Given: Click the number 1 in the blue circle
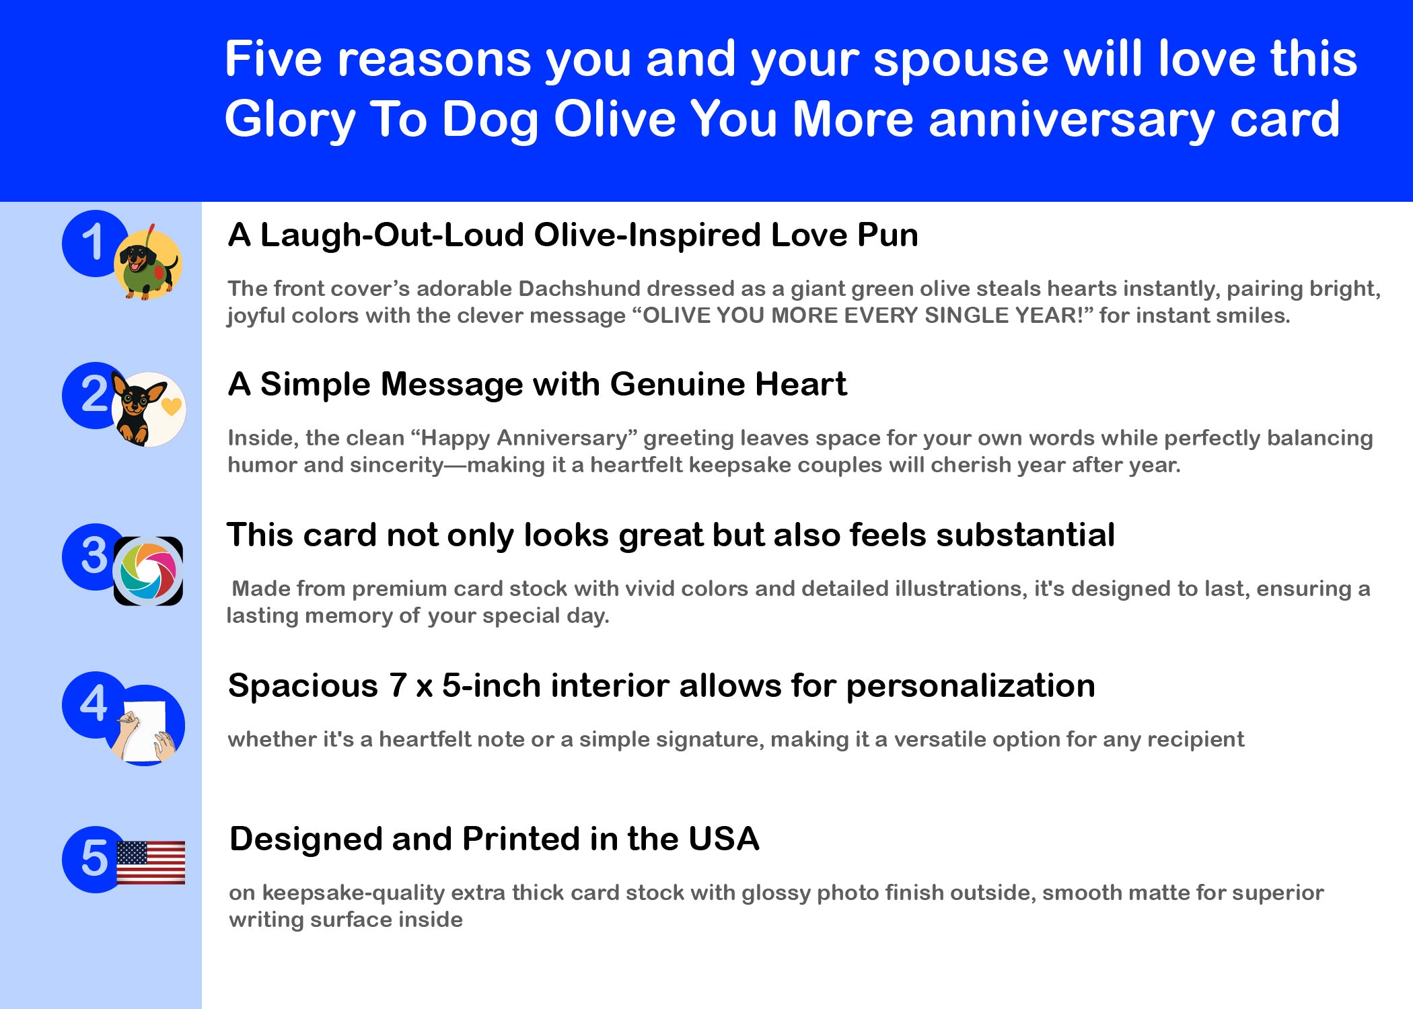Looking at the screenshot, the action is coord(94,242).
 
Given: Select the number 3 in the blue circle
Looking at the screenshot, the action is coord(94,556).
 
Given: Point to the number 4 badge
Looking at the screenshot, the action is coord(94,704).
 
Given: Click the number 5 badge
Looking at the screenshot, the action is coord(94,859).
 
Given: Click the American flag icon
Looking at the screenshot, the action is coord(151,862).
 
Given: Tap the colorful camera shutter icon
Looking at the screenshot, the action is coord(148,571).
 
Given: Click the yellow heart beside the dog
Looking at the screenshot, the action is coord(172,406).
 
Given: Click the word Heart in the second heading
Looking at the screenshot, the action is coord(801,384).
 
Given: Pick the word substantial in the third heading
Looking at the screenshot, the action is coord(1025,535).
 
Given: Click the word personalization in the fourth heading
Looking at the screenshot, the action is coord(971,687).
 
